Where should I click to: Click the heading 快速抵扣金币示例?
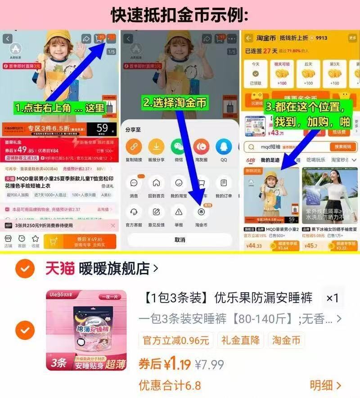click(x=180, y=14)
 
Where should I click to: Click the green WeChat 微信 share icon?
click(x=179, y=147)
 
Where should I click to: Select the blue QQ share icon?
click(x=224, y=147)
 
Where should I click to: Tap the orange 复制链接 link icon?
click(x=134, y=147)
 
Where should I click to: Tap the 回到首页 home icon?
click(x=156, y=183)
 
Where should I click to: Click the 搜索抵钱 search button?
click(x=343, y=147)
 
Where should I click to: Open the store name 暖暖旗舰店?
click(x=114, y=269)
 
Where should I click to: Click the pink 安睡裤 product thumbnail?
click(x=86, y=330)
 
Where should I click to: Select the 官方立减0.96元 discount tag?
click(x=176, y=340)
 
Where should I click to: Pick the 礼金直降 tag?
click(x=240, y=340)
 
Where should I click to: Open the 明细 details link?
click(x=325, y=385)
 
